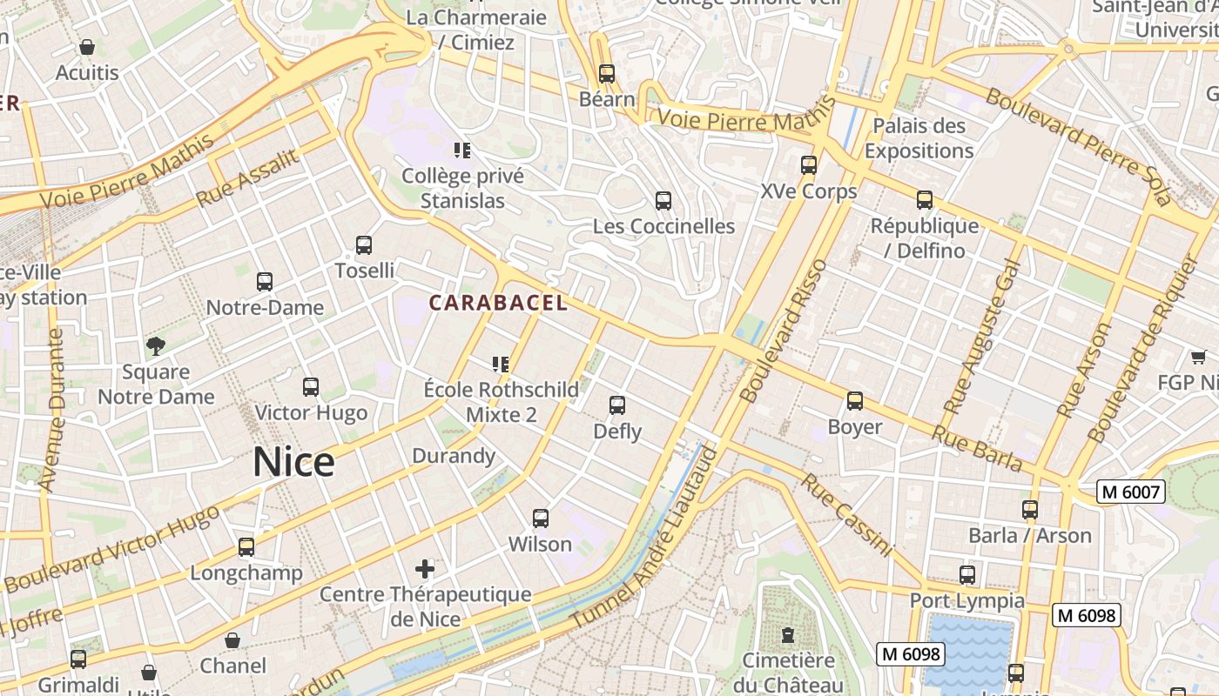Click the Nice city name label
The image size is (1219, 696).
pyautogui.click(x=293, y=462)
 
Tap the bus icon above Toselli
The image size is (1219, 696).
pyautogui.click(x=364, y=245)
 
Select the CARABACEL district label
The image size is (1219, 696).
pyautogui.click(x=498, y=303)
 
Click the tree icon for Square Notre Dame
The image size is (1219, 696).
pyautogui.click(x=156, y=346)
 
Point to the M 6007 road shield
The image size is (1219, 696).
pyautogui.click(x=1131, y=492)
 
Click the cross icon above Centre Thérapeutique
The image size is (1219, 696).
pyautogui.click(x=425, y=569)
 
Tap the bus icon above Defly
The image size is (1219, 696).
pyautogui.click(x=617, y=405)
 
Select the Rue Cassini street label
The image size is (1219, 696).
pyautogui.click(x=847, y=514)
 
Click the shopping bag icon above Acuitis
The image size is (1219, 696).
pyautogui.click(x=87, y=47)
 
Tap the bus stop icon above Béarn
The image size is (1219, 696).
pyautogui.click(x=607, y=74)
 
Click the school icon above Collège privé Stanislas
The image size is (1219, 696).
pyautogui.click(x=462, y=151)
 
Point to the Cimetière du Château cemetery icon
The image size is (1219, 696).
pyautogui.click(x=788, y=634)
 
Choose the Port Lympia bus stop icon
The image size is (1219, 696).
pyautogui.click(x=967, y=575)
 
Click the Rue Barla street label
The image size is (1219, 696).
pyautogui.click(x=977, y=448)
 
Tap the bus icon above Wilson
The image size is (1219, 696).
pyautogui.click(x=541, y=519)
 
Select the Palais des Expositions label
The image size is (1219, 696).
pyautogui.click(x=919, y=137)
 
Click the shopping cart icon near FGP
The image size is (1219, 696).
pyautogui.click(x=1199, y=357)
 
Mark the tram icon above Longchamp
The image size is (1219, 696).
pyautogui.click(x=246, y=547)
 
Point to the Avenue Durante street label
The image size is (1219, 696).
pyautogui.click(x=51, y=409)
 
